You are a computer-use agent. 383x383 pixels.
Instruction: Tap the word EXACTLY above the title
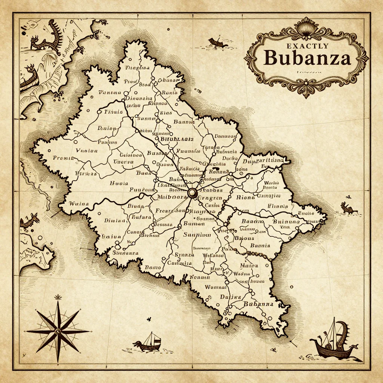(307, 46)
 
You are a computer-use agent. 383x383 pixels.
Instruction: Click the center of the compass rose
(58, 331)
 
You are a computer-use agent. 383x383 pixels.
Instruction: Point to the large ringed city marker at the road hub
(192, 193)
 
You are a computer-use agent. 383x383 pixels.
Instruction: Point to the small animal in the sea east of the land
(348, 208)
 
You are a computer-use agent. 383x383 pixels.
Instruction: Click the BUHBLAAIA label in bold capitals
(176, 139)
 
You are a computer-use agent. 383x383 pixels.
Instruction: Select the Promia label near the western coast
(64, 158)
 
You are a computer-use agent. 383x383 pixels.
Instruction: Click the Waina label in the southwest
(79, 204)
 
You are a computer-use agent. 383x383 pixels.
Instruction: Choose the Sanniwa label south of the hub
(197, 235)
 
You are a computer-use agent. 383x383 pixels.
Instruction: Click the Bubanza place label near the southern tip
(258, 304)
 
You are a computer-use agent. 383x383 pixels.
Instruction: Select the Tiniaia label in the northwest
(113, 111)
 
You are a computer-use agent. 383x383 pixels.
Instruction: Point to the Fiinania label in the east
(278, 206)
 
